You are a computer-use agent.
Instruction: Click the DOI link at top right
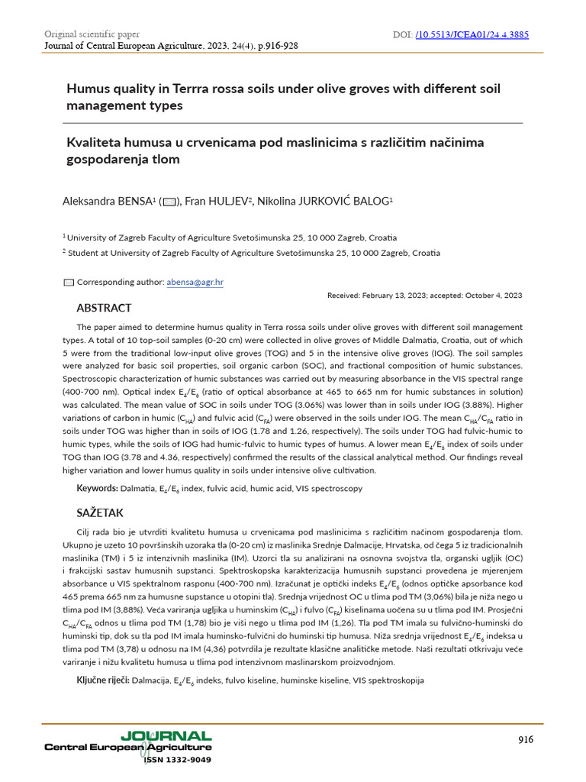click(x=472, y=34)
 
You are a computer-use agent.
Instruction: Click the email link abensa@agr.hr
click(x=195, y=282)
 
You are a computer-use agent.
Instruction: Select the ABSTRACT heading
click(x=105, y=308)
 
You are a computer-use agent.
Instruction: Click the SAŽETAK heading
click(x=100, y=512)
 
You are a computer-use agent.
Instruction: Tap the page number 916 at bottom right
click(x=526, y=739)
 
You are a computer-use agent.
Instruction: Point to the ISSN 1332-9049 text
click(x=177, y=760)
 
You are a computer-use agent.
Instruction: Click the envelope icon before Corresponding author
click(x=69, y=283)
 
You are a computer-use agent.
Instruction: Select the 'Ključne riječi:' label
click(x=102, y=680)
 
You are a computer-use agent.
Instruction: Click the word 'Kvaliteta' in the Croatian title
click(x=96, y=143)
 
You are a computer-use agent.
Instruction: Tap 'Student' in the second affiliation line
click(x=84, y=253)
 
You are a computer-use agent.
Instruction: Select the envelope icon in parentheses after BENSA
click(x=169, y=202)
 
